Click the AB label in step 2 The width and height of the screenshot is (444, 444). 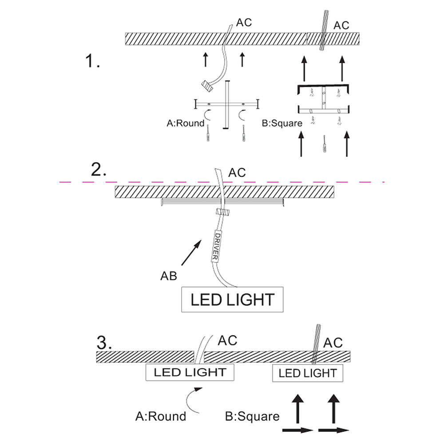(x=169, y=276)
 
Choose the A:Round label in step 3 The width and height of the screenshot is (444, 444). (x=161, y=416)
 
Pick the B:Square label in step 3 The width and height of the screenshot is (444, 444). (x=253, y=416)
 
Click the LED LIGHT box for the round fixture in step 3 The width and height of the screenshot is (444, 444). (x=190, y=372)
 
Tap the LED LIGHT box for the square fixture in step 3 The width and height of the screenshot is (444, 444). (x=307, y=373)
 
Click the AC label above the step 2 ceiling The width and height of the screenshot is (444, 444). (x=237, y=172)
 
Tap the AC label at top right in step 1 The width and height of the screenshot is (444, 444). (x=341, y=25)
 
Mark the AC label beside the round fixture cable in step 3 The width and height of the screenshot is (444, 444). (x=228, y=341)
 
